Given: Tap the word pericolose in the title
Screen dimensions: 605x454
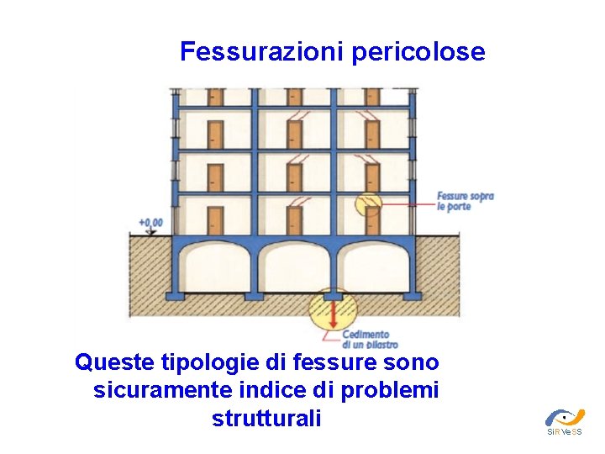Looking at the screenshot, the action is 418,52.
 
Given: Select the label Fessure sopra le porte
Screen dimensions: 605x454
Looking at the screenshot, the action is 465,201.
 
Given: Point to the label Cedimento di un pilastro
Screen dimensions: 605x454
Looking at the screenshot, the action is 370,340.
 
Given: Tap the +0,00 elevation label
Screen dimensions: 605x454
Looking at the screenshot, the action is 151,223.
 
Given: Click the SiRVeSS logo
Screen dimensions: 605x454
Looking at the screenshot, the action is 564,420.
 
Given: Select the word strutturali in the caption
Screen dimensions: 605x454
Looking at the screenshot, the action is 267,418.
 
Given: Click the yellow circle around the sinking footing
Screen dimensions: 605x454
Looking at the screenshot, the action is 334,309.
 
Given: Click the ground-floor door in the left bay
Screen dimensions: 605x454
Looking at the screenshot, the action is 215,219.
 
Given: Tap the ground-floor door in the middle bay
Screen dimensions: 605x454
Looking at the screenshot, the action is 293,219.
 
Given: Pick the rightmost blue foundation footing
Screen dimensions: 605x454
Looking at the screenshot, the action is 412,295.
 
